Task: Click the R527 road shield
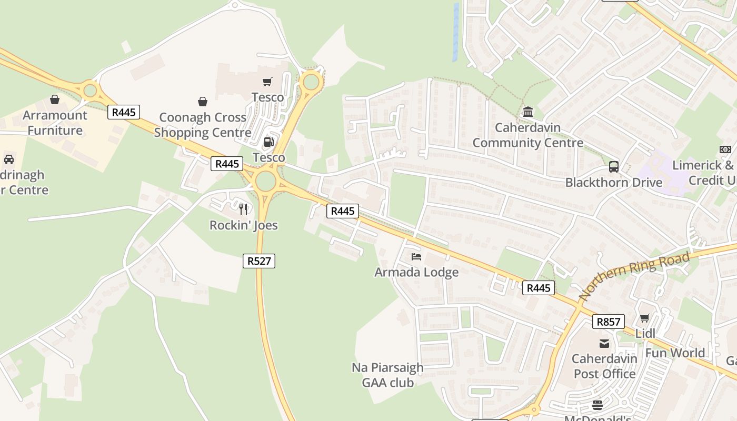[259, 260]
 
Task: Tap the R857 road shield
[608, 322]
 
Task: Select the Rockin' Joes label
[243, 225]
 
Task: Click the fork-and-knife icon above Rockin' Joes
[243, 209]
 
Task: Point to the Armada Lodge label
[416, 272]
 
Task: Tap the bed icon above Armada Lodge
[416, 257]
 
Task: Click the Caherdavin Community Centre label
[527, 135]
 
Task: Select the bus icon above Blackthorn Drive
[614, 167]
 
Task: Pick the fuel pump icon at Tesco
[268, 142]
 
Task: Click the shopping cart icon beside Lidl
[645, 318]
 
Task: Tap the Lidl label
[645, 334]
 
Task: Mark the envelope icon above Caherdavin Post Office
[604, 344]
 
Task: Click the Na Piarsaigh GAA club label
[387, 375]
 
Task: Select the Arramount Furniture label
[55, 123]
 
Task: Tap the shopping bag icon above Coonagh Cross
[203, 102]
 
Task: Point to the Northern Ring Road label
[635, 276]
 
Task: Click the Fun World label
[675, 353]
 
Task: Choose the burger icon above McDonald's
[597, 405]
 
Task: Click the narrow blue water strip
[456, 32]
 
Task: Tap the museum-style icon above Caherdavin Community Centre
[528, 112]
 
